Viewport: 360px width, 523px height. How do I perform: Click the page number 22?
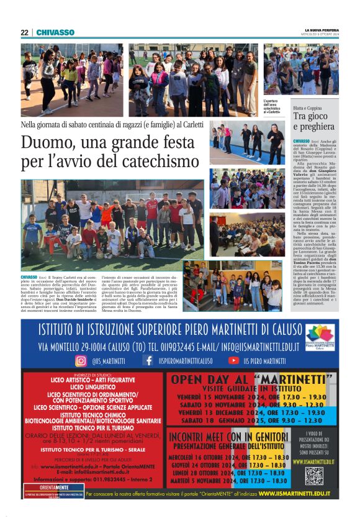(x=24, y=32)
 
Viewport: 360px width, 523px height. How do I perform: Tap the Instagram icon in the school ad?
(x=81, y=360)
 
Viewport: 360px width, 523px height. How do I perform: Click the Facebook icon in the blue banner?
(x=148, y=360)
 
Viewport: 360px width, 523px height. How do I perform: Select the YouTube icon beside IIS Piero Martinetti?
(x=233, y=360)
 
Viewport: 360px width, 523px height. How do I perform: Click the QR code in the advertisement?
(x=315, y=475)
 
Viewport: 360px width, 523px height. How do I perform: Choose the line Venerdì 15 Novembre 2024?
(x=251, y=396)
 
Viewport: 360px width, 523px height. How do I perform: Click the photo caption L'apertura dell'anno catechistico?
(x=273, y=106)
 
